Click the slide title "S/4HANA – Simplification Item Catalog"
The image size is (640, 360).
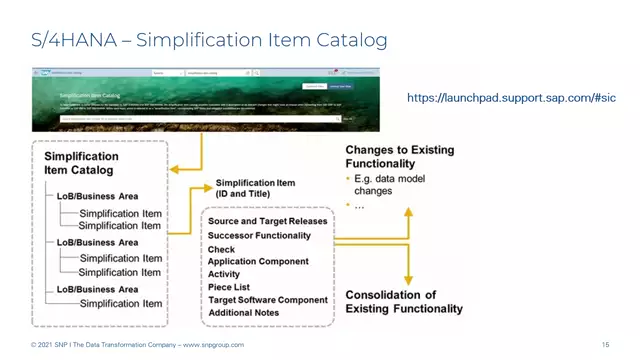point(206,40)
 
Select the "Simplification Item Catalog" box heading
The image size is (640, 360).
point(81,164)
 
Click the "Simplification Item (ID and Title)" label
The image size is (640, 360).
point(256,187)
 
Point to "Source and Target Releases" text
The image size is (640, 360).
point(267,220)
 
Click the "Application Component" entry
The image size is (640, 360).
point(258,261)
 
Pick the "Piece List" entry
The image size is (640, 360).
point(230,287)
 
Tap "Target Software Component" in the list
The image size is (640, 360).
point(268,300)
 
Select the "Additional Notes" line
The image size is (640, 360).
point(245,313)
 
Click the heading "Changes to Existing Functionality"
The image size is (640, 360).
point(400,157)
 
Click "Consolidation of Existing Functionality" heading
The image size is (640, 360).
point(404,302)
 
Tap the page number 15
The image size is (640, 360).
point(606,345)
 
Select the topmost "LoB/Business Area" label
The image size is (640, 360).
point(97,196)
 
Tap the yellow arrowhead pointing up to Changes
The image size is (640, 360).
point(407,213)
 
